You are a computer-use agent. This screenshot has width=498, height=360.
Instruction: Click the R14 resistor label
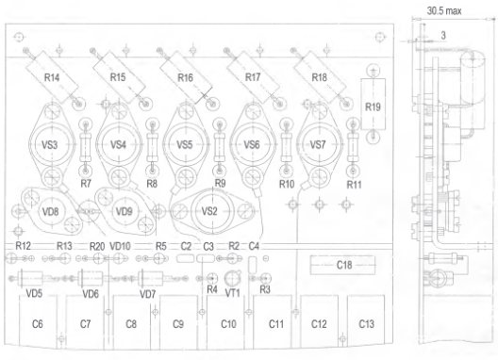(52, 77)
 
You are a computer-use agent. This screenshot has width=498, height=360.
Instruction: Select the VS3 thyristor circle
(50, 145)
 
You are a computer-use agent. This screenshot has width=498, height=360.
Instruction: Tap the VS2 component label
(209, 211)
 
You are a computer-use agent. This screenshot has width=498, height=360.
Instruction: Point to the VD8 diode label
(50, 211)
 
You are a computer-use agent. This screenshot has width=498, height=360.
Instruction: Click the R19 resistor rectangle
(373, 104)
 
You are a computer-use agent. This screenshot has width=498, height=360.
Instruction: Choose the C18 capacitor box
(342, 265)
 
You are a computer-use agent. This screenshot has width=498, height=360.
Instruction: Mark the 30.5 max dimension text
(444, 11)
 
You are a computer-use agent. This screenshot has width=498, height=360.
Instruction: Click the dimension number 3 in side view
(443, 35)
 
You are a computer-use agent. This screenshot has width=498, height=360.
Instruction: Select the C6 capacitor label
(38, 324)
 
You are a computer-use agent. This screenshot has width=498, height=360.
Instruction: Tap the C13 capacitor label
(366, 324)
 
